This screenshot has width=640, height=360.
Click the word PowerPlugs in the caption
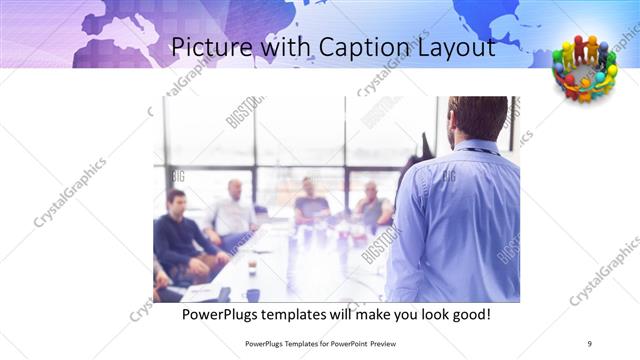(x=222, y=314)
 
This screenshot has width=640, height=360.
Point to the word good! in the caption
(x=470, y=314)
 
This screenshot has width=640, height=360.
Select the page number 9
(x=590, y=344)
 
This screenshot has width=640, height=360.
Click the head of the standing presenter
(x=478, y=118)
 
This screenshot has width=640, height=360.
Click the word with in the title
(x=285, y=47)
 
